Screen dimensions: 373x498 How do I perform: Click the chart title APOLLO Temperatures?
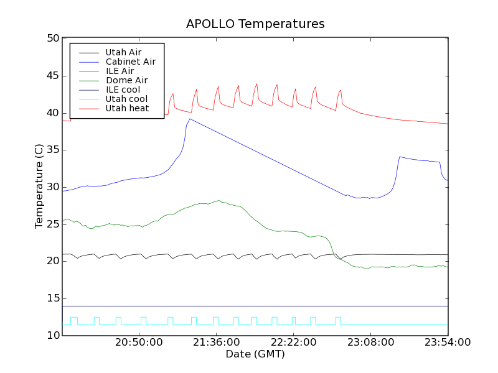coord(255,24)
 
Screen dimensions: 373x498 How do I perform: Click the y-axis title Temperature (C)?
coord(39,186)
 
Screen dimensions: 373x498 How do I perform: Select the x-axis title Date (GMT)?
coord(255,354)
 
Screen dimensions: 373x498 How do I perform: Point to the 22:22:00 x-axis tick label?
coord(293,343)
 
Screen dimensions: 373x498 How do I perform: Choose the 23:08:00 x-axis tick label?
coord(370,343)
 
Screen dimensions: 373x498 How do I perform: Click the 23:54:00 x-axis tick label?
coord(448,343)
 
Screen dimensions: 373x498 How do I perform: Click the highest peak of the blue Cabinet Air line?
coord(190,119)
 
